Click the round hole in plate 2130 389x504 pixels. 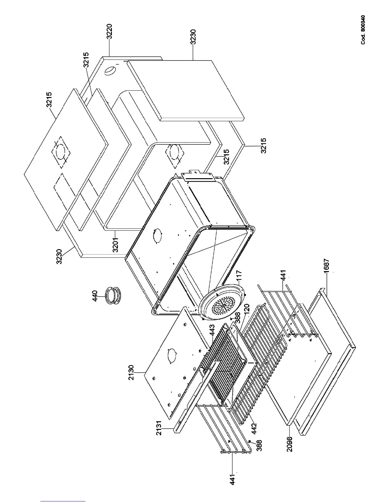[x=171, y=355]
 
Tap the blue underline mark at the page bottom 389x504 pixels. [x=63, y=501]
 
